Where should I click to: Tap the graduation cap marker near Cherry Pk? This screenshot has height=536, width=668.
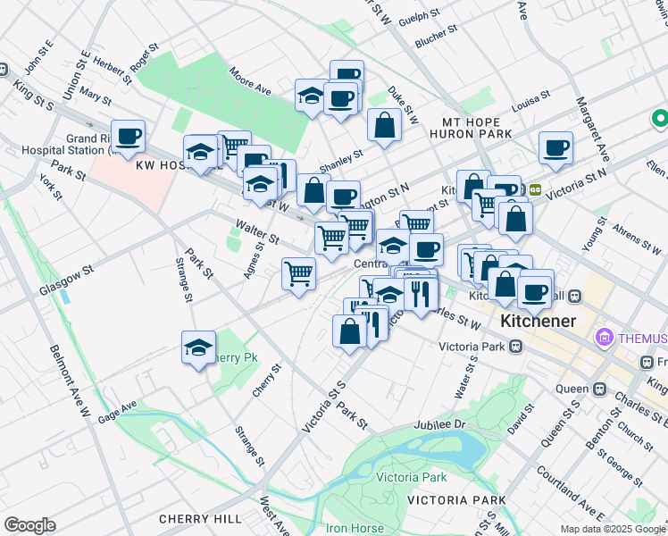[198, 348]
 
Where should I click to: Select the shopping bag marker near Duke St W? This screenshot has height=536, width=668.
[384, 127]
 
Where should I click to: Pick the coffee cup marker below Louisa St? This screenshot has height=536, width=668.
[555, 148]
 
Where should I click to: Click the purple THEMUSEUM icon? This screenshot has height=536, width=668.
[605, 339]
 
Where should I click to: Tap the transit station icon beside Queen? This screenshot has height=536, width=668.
[599, 389]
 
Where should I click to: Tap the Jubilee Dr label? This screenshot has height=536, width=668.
[441, 425]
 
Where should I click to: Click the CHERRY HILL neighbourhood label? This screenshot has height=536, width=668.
[200, 519]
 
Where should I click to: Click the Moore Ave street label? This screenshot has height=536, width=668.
[250, 80]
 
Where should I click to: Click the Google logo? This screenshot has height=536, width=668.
[29, 525]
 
